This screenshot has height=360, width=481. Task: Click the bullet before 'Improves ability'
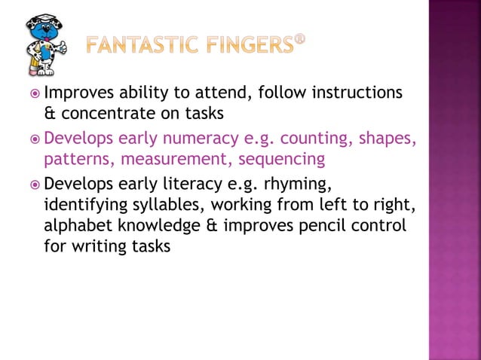coord(34,94)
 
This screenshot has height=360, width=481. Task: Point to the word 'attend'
coord(216,93)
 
